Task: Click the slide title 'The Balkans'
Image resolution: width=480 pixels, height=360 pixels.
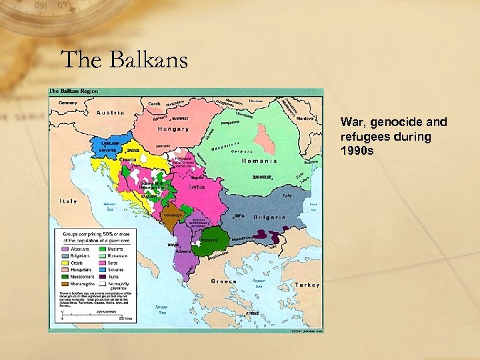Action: click(x=124, y=60)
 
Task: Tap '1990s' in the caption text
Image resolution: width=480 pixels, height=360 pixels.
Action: click(x=357, y=150)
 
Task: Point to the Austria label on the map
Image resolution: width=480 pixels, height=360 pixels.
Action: click(x=110, y=113)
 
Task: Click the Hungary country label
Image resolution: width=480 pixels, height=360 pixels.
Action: click(x=173, y=129)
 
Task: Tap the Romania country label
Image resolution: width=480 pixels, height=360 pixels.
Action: click(x=259, y=161)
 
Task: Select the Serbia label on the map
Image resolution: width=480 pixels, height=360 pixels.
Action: click(x=196, y=187)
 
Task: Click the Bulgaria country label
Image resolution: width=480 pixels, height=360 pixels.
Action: click(x=269, y=217)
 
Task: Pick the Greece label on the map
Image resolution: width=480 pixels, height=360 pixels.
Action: click(x=224, y=281)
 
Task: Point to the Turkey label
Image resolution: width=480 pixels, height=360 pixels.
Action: click(x=307, y=284)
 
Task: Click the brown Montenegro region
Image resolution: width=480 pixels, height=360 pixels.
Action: click(x=172, y=217)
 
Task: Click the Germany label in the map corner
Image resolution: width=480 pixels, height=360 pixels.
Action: click(x=67, y=103)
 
